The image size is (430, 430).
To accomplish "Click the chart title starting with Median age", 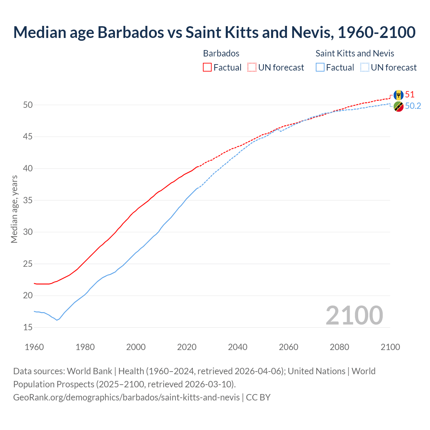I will pyautogui.click(x=214, y=32).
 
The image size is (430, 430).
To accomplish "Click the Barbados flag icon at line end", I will pyautogui.click(x=398, y=95).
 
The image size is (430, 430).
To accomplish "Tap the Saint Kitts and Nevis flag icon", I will pyautogui.click(x=398, y=106).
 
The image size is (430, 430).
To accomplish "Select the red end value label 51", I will pyautogui.click(x=410, y=95).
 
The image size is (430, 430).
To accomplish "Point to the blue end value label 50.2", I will pyautogui.click(x=413, y=106).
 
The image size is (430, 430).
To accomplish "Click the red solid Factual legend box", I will pyautogui.click(x=207, y=68).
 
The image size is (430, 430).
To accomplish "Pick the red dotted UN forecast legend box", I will pyautogui.click(x=252, y=68).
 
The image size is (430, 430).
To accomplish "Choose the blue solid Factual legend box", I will pyautogui.click(x=320, y=68).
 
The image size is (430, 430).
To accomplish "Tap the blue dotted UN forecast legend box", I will pyautogui.click(x=364, y=68).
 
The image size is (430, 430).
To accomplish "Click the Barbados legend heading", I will pyautogui.click(x=221, y=53).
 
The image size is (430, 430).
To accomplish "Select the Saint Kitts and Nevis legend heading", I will pyautogui.click(x=355, y=53).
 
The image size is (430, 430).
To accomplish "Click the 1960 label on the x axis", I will pyautogui.click(x=34, y=347).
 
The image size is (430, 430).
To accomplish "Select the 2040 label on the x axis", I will pyautogui.click(x=238, y=347).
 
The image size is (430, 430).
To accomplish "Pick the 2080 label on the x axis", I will pyautogui.click(x=339, y=347).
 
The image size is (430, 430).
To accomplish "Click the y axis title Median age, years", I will pyautogui.click(x=14, y=209).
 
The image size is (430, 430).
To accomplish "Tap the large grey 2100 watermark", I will pyautogui.click(x=354, y=315).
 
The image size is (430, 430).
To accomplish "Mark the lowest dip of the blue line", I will pyautogui.click(x=57, y=320).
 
